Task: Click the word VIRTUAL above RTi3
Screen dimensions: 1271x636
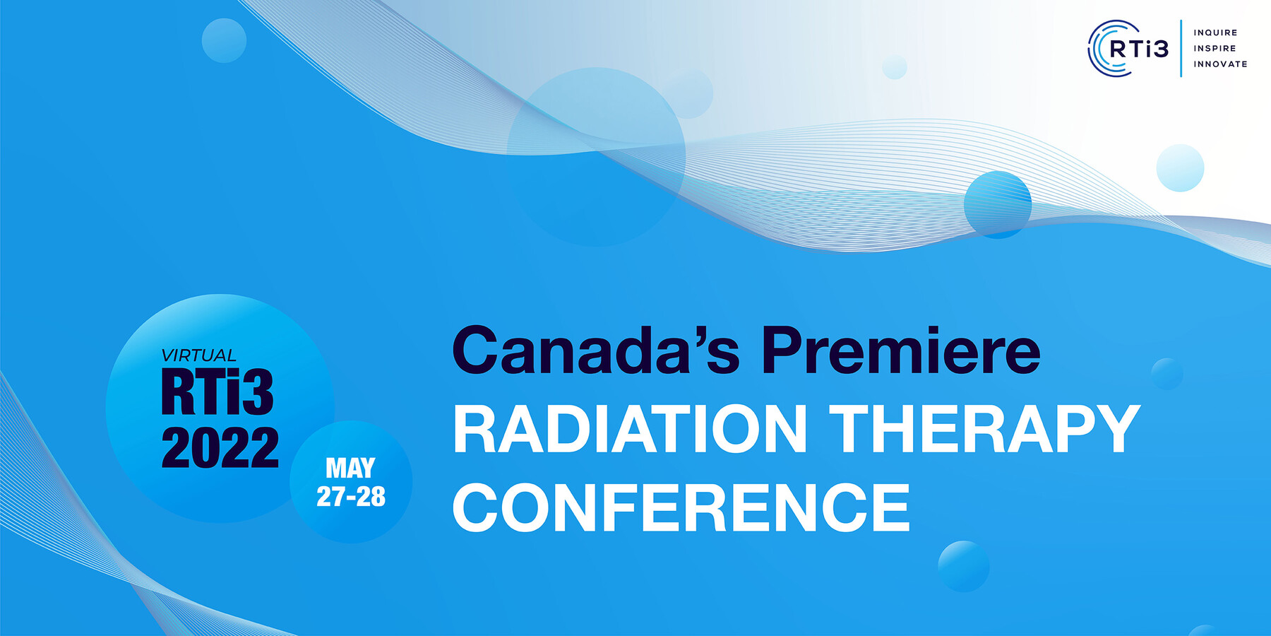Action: [198, 355]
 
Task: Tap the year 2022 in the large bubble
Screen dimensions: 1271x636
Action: [220, 447]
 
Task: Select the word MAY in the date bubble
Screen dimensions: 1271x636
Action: [350, 468]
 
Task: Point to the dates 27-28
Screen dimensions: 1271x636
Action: [351, 497]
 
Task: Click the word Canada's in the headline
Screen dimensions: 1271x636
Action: [595, 350]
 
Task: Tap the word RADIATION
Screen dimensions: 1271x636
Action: [629, 429]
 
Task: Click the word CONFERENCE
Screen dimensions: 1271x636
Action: [681, 507]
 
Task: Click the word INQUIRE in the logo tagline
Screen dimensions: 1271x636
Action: [1215, 33]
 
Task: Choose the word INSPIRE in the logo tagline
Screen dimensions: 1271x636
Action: [1215, 48]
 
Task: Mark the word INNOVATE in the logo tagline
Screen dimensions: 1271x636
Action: [1220, 64]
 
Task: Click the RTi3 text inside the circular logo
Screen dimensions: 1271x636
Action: [1139, 49]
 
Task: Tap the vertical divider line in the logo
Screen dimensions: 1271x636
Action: [1181, 48]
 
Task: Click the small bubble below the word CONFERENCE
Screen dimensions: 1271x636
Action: [964, 566]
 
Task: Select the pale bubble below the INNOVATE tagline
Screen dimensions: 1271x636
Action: [1180, 167]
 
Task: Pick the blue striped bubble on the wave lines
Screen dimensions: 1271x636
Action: [998, 205]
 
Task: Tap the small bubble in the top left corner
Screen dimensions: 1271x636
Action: [224, 40]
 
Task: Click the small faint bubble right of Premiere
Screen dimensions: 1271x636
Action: [1166, 374]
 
